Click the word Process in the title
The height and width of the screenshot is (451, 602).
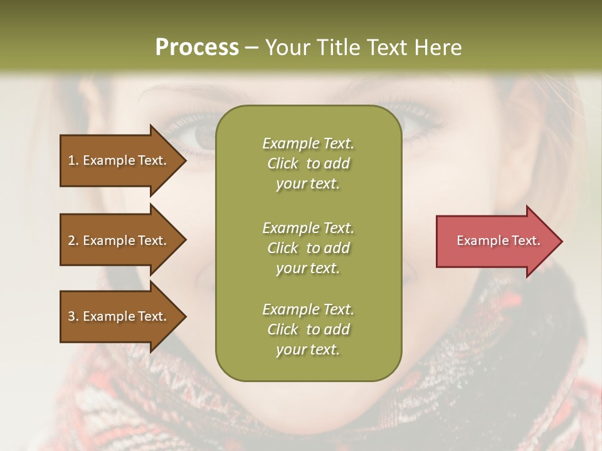tap(197, 48)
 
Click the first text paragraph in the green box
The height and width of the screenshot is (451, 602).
tap(308, 163)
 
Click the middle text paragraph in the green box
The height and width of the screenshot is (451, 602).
tap(308, 248)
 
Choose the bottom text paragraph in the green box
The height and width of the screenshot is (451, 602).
tap(308, 329)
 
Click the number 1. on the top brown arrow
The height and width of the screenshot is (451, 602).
tap(73, 160)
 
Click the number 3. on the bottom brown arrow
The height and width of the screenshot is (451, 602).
tap(73, 316)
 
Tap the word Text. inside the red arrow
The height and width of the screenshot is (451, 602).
tap(525, 241)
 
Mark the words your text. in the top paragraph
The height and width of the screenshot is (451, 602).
tap(308, 184)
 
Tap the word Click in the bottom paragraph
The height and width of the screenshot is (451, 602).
tap(283, 329)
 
